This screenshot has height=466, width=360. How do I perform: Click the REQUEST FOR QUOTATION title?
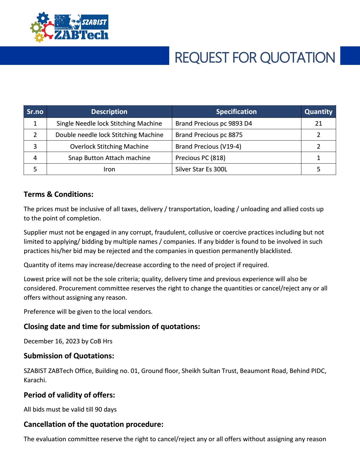click(x=254, y=57)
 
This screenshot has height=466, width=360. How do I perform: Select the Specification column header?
click(x=236, y=112)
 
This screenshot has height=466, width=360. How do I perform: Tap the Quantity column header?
click(x=318, y=112)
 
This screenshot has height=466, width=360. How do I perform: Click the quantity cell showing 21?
click(x=318, y=123)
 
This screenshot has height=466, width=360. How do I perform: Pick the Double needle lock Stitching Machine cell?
click(x=109, y=135)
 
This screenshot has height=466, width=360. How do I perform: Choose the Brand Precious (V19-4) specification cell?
click(x=208, y=146)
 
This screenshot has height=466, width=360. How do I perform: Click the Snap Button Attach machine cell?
click(x=109, y=158)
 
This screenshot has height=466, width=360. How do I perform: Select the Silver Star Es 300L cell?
click(x=201, y=169)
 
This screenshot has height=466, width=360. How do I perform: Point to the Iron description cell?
click(x=109, y=169)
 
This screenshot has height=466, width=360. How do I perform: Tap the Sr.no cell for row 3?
click(x=35, y=146)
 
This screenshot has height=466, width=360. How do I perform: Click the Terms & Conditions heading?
click(x=59, y=194)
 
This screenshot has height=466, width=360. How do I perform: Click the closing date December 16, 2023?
click(x=52, y=341)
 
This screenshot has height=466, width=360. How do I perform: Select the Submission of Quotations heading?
click(x=69, y=356)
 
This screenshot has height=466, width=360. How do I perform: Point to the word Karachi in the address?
click(x=35, y=380)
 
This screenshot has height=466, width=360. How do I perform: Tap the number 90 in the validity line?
click(x=98, y=409)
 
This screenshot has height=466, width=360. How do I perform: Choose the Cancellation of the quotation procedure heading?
click(x=93, y=424)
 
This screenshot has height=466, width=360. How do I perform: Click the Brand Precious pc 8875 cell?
click(x=209, y=135)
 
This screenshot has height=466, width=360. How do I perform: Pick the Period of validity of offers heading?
click(x=69, y=395)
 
